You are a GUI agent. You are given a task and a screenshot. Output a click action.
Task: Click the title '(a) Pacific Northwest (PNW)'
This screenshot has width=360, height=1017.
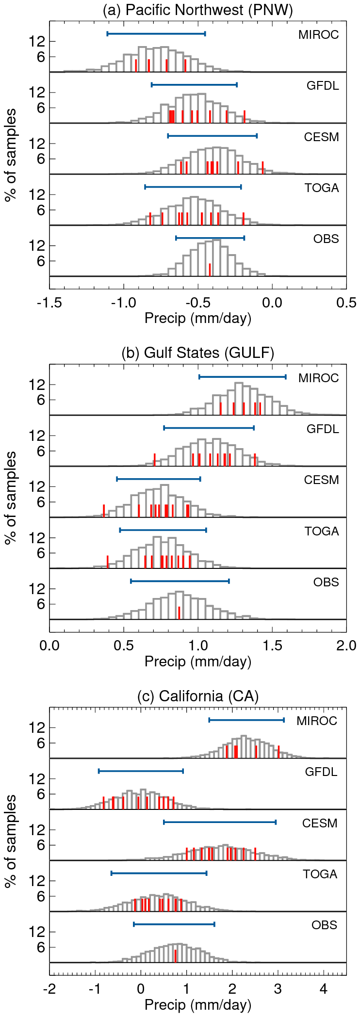point(198,10)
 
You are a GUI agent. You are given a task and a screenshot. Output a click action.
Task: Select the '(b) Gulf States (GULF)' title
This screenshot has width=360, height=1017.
point(198,353)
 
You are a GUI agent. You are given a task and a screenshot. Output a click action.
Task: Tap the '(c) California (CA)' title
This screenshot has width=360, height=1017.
point(198,696)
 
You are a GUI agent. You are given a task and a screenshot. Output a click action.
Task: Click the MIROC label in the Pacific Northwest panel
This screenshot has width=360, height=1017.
point(318,35)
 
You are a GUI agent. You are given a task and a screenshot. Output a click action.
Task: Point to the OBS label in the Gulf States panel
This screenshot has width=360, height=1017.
point(326,582)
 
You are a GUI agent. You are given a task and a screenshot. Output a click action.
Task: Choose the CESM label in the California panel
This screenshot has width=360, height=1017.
point(320,823)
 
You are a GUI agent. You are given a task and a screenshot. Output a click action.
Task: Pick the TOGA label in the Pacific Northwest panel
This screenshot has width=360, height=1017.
point(322,188)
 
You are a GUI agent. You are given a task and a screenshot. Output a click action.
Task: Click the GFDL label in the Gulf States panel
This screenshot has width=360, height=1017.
point(323,429)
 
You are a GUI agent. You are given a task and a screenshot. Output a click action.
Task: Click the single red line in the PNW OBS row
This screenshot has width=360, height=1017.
point(210,270)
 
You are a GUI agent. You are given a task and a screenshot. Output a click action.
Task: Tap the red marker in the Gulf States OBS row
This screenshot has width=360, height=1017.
point(179,613)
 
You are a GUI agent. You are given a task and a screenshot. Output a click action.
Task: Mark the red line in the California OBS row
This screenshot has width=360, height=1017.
point(175,955)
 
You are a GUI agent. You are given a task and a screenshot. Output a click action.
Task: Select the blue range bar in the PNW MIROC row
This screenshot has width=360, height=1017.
point(156,33)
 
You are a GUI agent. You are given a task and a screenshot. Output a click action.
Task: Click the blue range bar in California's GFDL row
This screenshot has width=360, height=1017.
point(141,771)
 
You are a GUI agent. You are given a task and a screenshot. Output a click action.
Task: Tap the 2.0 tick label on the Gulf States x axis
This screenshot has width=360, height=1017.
point(346,646)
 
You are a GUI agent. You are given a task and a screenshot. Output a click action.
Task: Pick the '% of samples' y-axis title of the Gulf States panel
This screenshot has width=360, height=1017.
point(11,498)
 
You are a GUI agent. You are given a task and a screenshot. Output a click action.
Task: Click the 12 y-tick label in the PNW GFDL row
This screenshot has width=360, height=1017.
point(37,92)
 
